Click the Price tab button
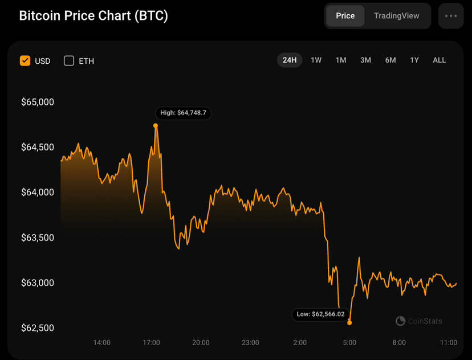[x=345, y=16]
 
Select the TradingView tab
[x=396, y=16]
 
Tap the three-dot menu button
[x=451, y=16]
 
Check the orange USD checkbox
[x=25, y=60]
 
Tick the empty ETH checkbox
[x=69, y=60]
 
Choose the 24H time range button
[x=290, y=60]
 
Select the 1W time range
[x=316, y=60]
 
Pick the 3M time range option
[x=365, y=60]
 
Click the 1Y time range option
[x=414, y=60]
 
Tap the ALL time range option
[x=439, y=60]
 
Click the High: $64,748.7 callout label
[x=184, y=113]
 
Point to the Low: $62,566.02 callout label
[x=321, y=314]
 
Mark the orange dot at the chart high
[x=156, y=125]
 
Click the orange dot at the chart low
[x=349, y=322]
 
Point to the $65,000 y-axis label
[x=38, y=103]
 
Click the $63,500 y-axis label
[x=38, y=238]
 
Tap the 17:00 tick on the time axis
[x=151, y=342]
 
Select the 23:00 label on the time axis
[x=250, y=342]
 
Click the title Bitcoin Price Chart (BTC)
[x=93, y=16]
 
